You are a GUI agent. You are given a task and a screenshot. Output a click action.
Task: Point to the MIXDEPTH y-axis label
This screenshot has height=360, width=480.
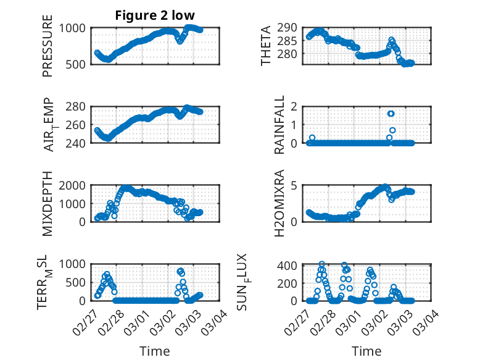tap(48, 204)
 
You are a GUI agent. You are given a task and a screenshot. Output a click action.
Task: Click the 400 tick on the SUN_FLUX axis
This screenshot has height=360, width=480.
tap(293, 266)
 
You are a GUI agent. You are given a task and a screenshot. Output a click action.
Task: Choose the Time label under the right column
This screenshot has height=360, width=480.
tap(367, 351)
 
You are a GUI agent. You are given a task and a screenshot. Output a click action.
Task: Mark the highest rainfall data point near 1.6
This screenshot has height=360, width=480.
tap(391, 114)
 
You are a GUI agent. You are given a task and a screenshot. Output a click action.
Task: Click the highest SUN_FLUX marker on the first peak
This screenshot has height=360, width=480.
tap(321, 264)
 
